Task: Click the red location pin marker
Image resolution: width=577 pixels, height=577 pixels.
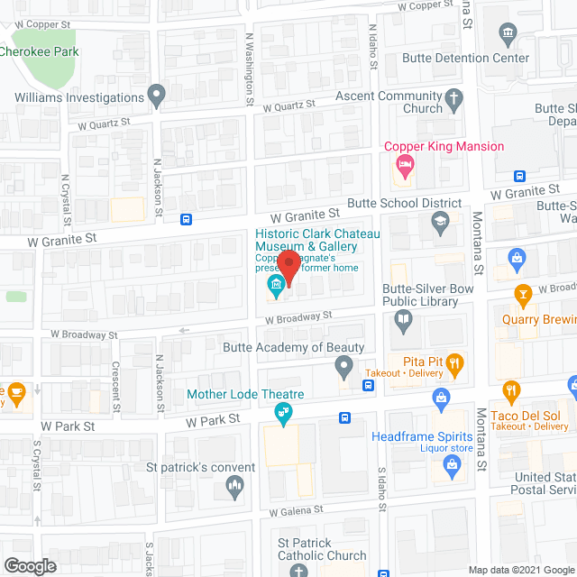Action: click(x=288, y=267)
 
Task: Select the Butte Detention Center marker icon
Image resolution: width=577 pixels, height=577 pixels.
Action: click(x=507, y=36)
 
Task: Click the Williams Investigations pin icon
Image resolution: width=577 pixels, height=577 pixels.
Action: click(x=158, y=94)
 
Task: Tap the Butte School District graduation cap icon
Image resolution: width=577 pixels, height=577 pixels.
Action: click(x=440, y=222)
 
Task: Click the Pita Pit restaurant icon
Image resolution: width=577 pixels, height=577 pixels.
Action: click(x=456, y=364)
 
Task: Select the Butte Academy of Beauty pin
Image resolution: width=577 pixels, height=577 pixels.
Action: click(x=343, y=366)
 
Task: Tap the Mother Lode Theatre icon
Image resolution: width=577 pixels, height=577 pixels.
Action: click(x=282, y=413)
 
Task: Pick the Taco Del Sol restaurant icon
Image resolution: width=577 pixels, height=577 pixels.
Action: click(x=511, y=391)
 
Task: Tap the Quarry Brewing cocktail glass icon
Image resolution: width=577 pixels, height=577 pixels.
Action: click(x=522, y=295)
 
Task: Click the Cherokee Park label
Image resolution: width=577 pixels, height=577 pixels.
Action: click(x=38, y=51)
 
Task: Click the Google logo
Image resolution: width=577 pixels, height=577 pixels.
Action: click(x=29, y=565)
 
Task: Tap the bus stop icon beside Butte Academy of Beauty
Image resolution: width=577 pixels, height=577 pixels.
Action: click(x=368, y=386)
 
